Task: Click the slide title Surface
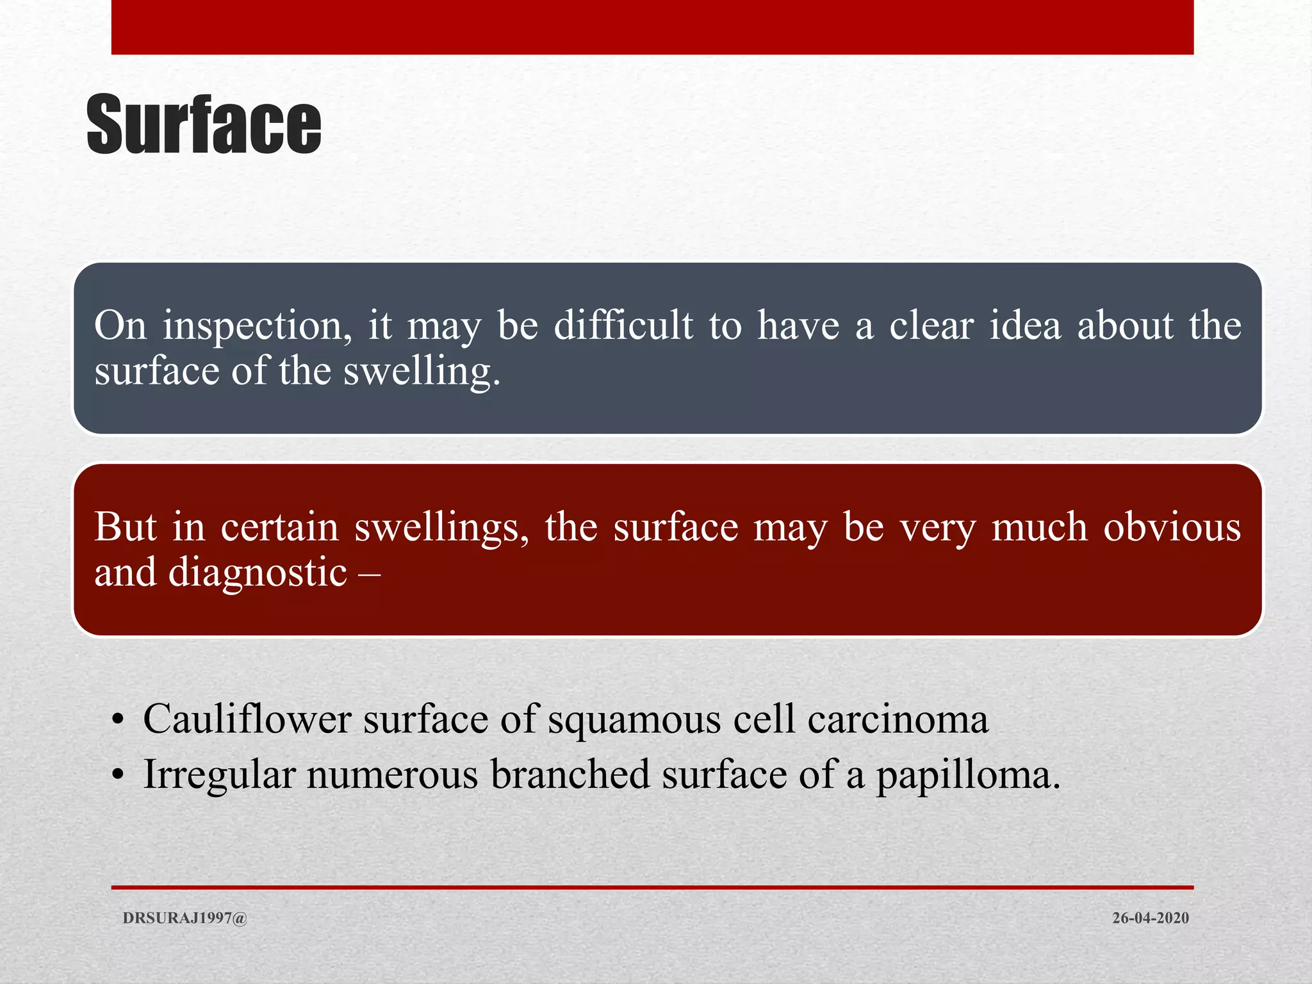click(204, 125)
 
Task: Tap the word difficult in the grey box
click(623, 325)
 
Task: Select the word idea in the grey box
click(1024, 325)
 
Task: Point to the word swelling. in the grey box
click(422, 372)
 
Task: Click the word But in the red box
click(125, 527)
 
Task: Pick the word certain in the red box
click(279, 527)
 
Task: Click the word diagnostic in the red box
click(258, 573)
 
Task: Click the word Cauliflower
click(247, 719)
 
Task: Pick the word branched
click(570, 774)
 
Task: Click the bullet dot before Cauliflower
click(117, 721)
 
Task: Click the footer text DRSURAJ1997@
click(184, 918)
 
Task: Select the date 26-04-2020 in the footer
click(1150, 918)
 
